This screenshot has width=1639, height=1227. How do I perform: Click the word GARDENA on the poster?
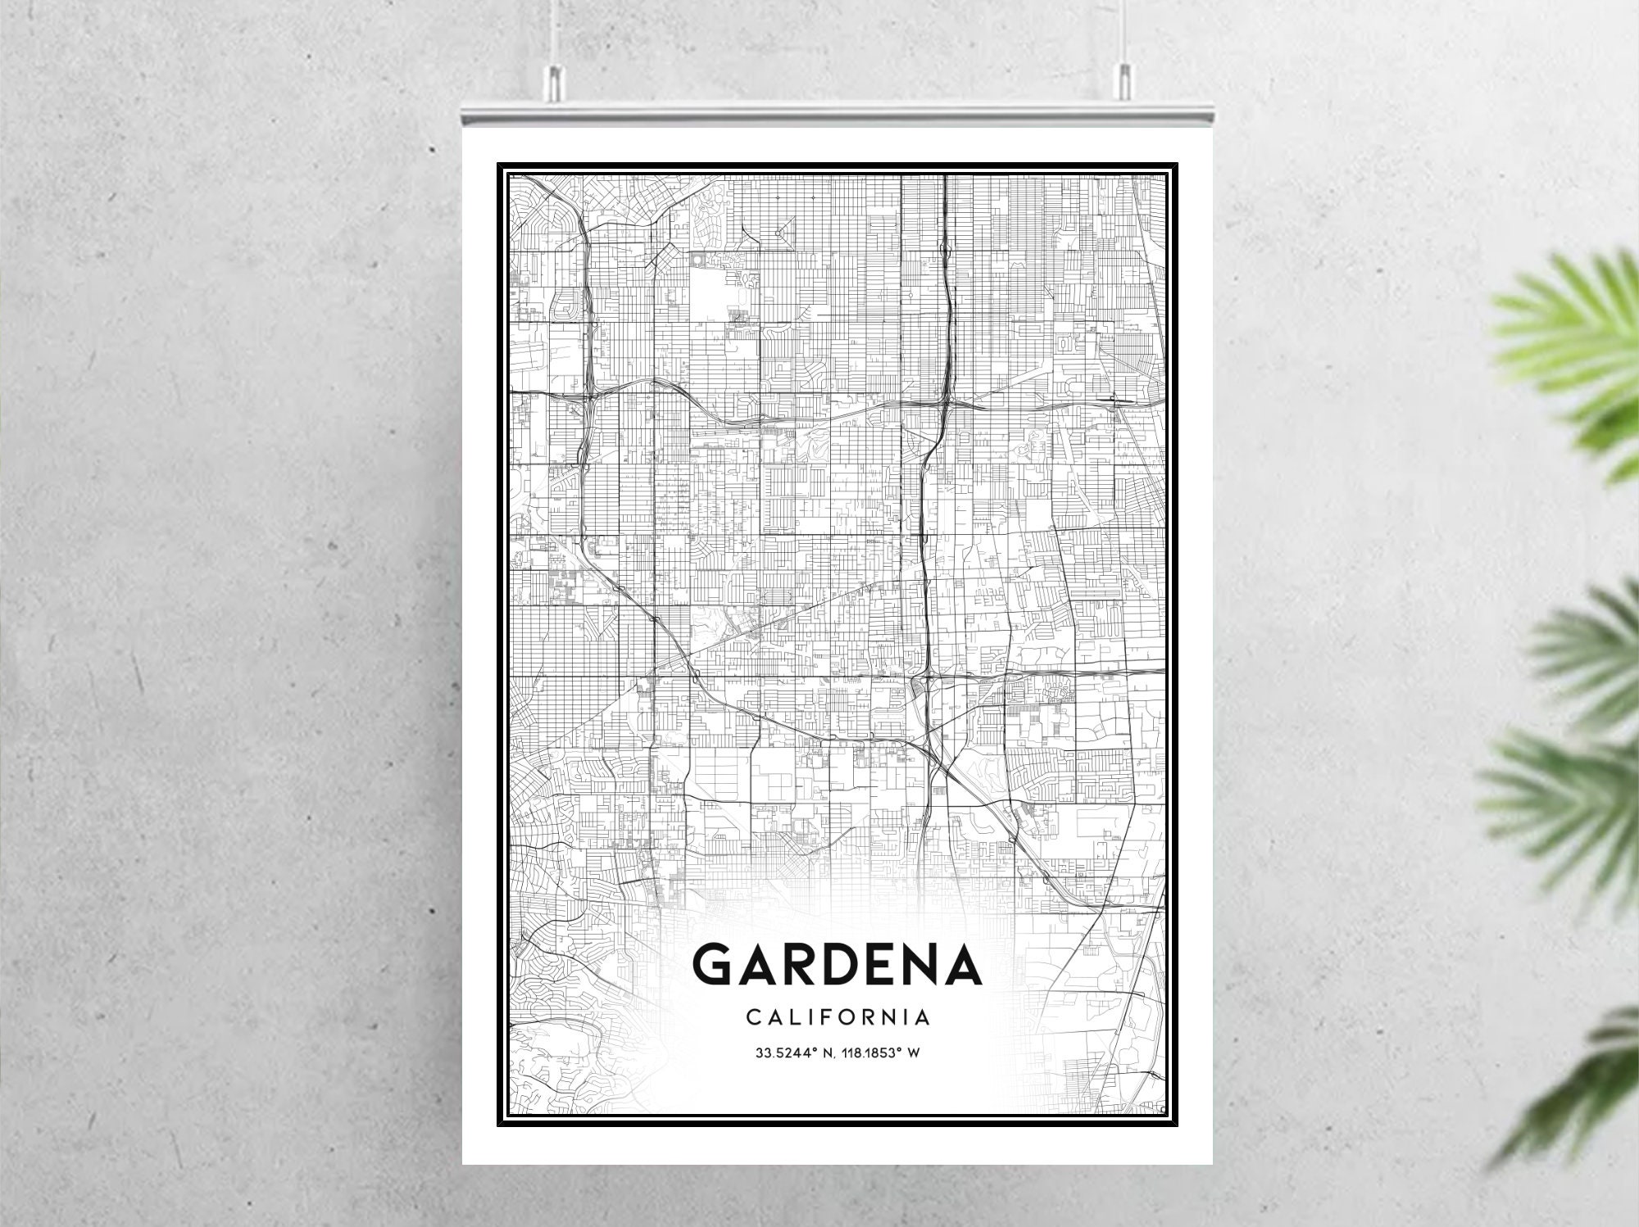click(x=837, y=965)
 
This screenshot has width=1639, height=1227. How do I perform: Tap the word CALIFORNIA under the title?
click(x=838, y=1017)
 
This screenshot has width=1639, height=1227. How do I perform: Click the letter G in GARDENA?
click(x=720, y=965)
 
